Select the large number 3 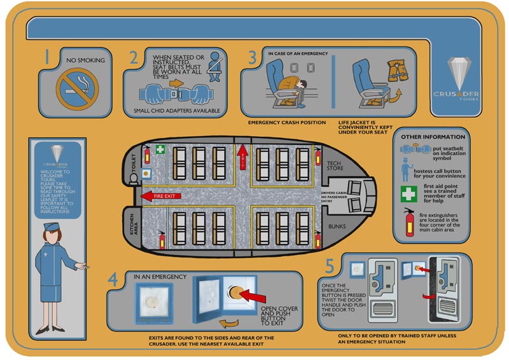pos(253,57)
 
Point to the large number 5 pos(330,265)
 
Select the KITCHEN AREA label pos(133,225)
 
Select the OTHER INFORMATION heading pos(433,137)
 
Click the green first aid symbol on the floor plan pos(162,151)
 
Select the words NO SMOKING pos(85,61)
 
